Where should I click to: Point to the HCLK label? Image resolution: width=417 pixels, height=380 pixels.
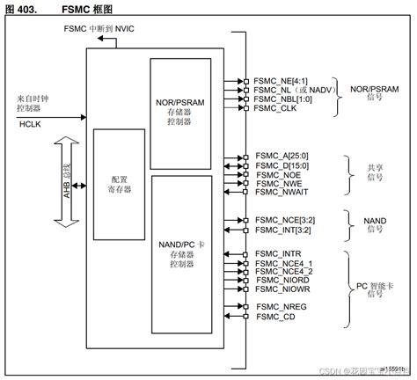(31, 125)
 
